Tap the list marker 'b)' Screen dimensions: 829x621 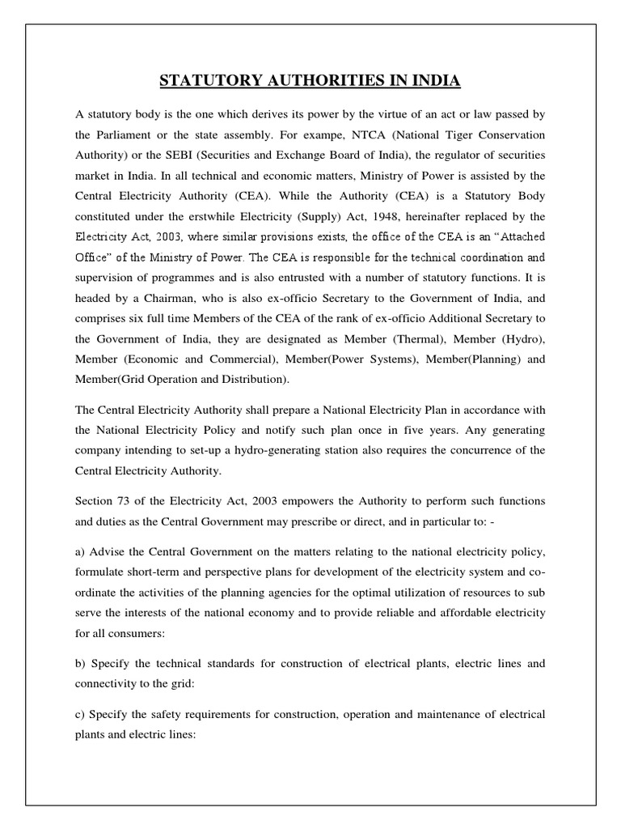tap(80, 663)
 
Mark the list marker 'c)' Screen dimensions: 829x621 tap(80, 715)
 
